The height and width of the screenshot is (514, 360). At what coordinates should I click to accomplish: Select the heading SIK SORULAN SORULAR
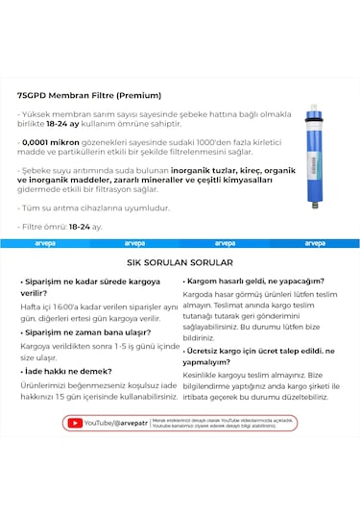tap(180, 261)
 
